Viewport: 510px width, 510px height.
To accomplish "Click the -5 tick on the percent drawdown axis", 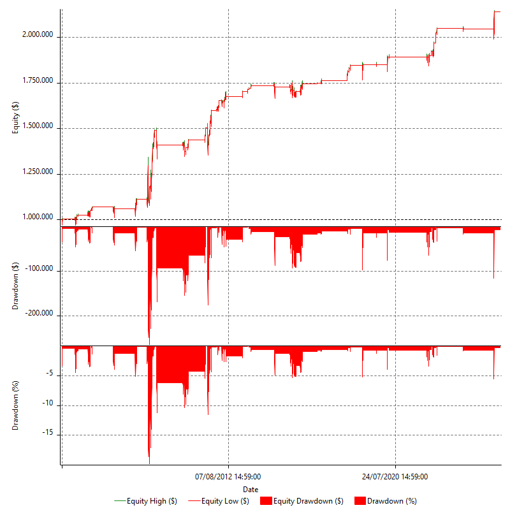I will pos(51,375).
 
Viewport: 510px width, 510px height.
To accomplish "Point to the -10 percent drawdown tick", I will pos(49,405).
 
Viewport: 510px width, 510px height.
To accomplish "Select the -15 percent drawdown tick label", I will pos(49,435).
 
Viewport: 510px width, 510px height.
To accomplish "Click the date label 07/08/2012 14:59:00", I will pos(228,476).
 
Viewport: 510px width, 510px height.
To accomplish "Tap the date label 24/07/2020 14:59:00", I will pos(395,476).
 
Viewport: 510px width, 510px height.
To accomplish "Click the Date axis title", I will pos(251,489).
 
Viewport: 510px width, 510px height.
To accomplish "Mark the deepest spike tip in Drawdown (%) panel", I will pos(149,463).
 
